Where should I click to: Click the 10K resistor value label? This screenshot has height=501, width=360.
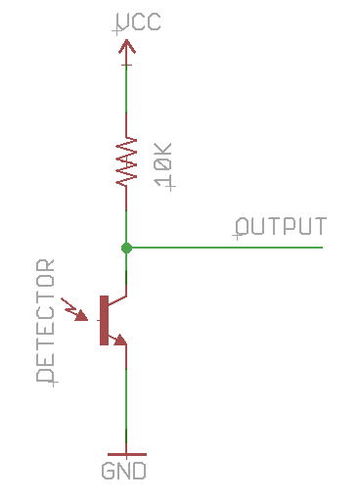pos(163,164)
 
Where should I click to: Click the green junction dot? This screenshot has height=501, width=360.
pos(126,248)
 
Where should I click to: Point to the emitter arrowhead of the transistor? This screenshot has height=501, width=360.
pos(118,340)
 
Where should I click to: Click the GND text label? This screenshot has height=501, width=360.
pos(125,472)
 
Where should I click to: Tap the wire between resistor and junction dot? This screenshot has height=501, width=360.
pos(126,215)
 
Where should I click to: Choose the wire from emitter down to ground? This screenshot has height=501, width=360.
pos(126,401)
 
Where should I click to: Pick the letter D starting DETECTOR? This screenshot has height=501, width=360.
pos(45,374)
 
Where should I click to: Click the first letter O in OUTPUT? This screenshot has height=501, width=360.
pos(245,227)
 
